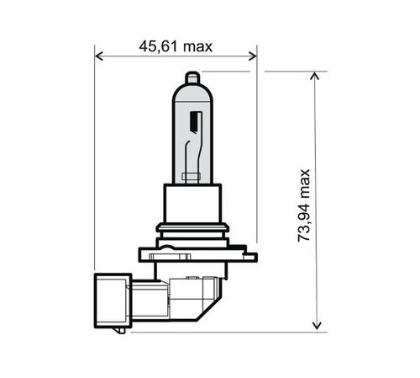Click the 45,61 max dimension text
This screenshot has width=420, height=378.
[176, 46]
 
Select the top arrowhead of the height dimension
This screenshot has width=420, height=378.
[316, 77]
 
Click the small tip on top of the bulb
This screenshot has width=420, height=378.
[192, 78]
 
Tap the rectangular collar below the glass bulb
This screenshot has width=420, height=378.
[192, 201]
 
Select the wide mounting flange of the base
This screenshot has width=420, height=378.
[192, 251]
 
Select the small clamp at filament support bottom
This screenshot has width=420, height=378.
[192, 175]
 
